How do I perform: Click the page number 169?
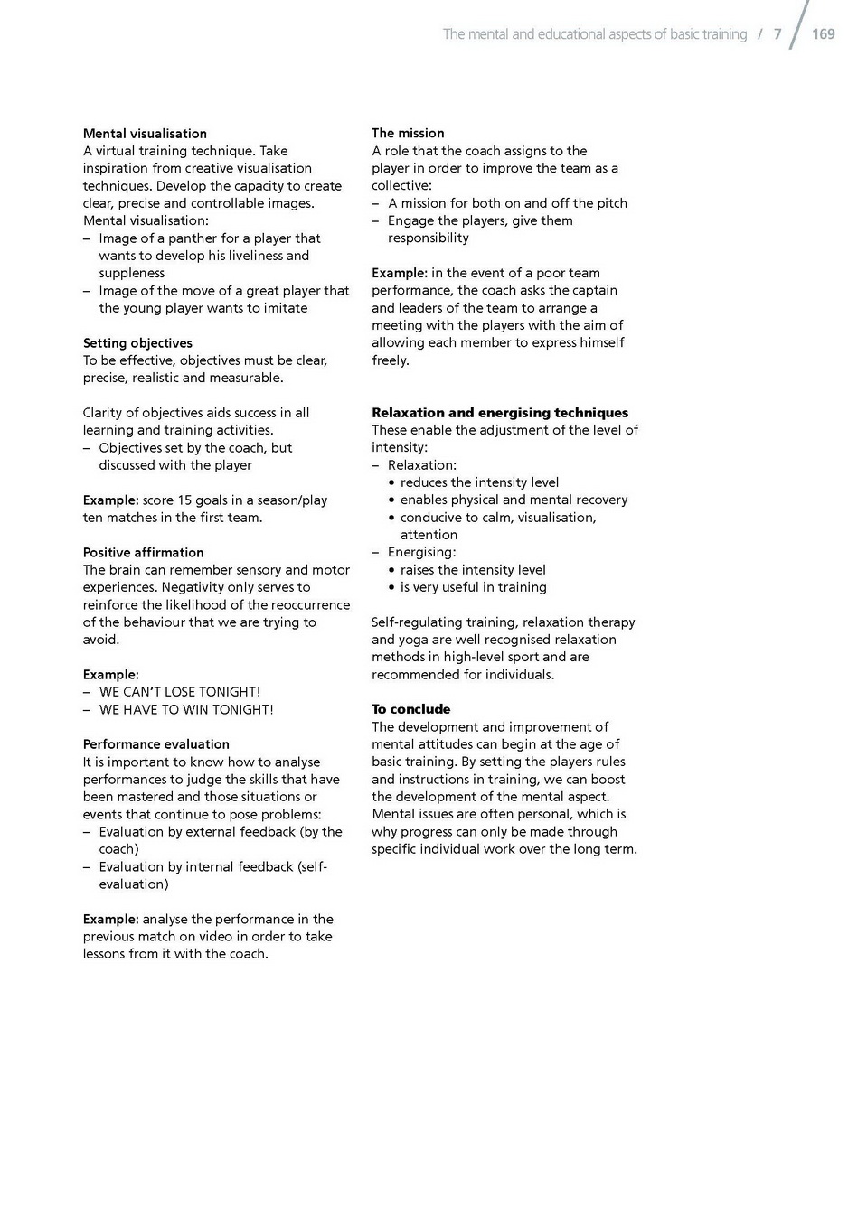click(x=823, y=34)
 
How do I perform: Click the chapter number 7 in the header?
click(x=777, y=34)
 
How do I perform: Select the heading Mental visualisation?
click(x=145, y=134)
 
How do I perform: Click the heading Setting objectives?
click(x=137, y=343)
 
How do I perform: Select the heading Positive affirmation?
click(x=143, y=553)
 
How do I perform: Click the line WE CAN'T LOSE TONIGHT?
click(x=179, y=692)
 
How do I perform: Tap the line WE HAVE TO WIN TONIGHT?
click(x=185, y=710)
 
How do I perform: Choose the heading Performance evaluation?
click(x=155, y=744)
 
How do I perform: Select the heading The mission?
click(x=408, y=133)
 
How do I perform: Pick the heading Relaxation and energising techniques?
click(x=499, y=413)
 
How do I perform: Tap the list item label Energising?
click(x=421, y=552)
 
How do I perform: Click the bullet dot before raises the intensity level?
click(x=391, y=570)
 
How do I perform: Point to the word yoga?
click(x=413, y=640)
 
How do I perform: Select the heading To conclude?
click(x=410, y=709)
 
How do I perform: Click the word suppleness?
click(x=132, y=273)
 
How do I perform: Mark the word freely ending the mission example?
click(x=390, y=360)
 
